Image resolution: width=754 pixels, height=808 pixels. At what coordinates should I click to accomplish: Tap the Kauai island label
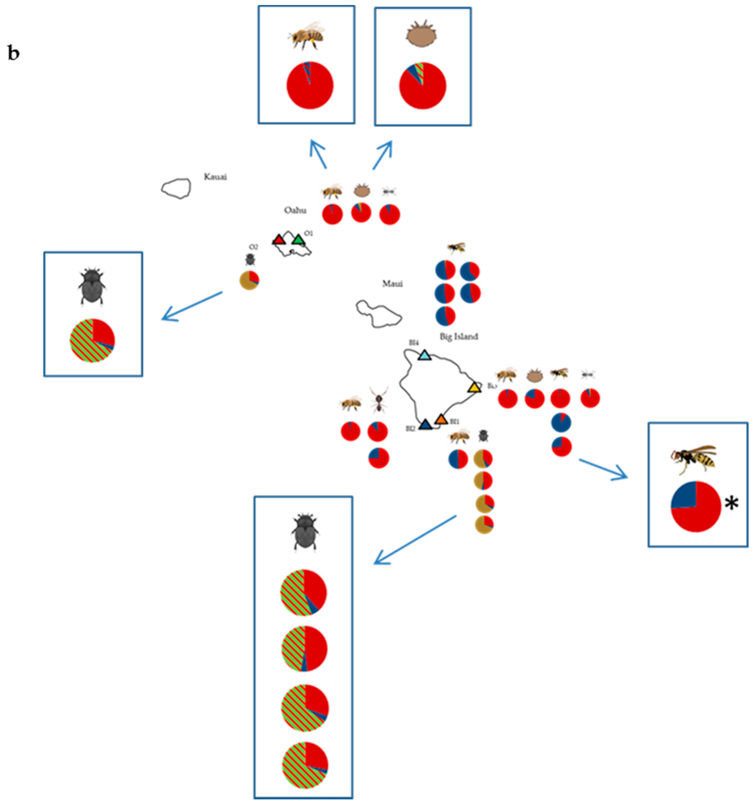[x=215, y=177]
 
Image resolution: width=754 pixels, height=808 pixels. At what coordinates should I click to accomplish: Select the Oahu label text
[x=295, y=210]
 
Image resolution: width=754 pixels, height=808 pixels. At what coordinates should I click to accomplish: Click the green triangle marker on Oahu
[x=298, y=240]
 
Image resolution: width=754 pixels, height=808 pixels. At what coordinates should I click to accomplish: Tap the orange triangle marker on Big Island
[x=441, y=419]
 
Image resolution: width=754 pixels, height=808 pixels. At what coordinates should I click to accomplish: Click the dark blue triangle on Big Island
[x=425, y=425]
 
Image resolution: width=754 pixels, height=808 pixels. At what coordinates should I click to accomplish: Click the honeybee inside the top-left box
[x=307, y=36]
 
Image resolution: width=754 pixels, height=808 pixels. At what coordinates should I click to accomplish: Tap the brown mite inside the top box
[x=421, y=35]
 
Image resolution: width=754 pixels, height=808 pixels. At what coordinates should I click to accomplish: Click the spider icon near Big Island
[x=378, y=400]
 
